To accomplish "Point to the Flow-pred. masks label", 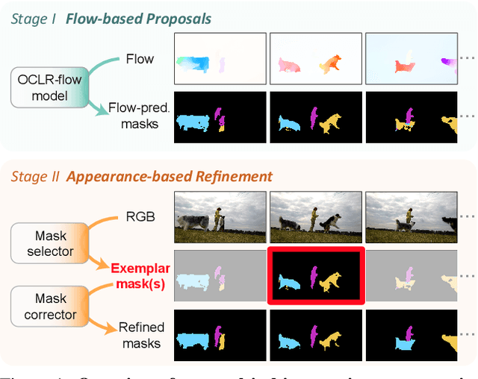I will [x=138, y=116].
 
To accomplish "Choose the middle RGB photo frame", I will [x=314, y=212].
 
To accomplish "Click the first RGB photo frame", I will [x=220, y=212].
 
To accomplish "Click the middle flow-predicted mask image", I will [x=314, y=117].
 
